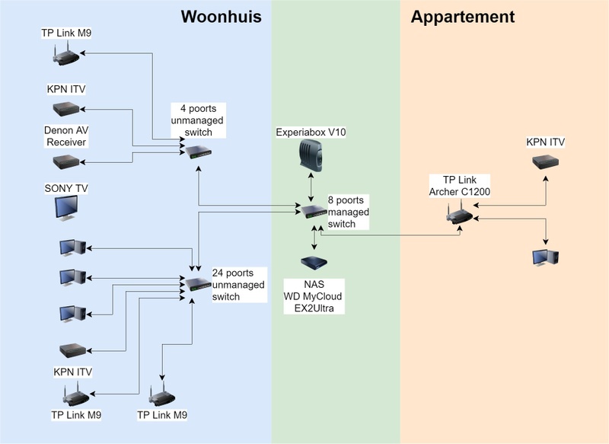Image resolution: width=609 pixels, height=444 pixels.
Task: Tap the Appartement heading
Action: pos(462,18)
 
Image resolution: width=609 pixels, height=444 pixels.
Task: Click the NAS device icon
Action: pos(314,263)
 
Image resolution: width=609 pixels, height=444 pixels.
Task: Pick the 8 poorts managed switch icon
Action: pos(312,211)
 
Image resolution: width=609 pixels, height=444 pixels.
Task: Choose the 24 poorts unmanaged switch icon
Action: pos(199,284)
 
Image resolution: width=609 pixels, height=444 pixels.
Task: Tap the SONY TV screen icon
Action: pos(65,207)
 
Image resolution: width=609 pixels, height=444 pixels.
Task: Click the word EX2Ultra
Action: pos(314,308)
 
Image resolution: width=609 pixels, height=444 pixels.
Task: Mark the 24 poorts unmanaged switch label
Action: pos(238,284)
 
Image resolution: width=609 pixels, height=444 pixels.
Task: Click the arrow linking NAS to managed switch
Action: pos(314,237)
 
